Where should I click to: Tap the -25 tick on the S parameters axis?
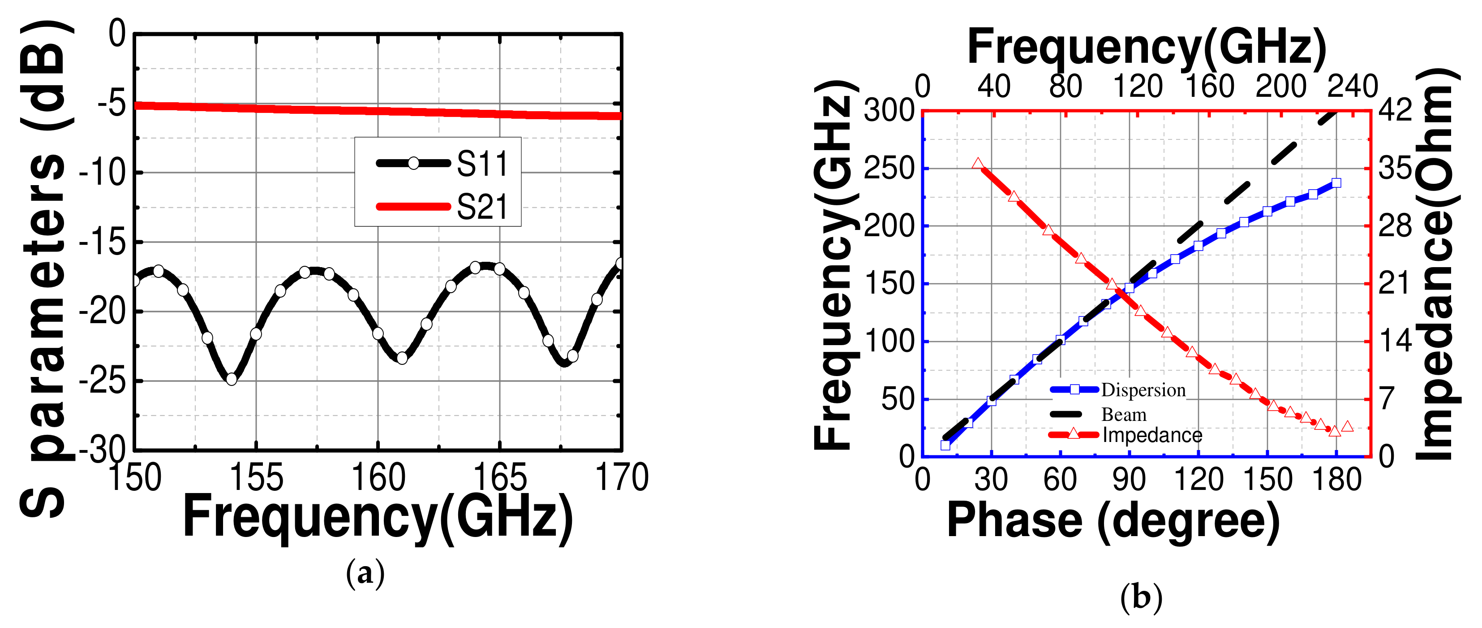pyautogui.click(x=103, y=381)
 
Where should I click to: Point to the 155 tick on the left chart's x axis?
pyautogui.click(x=256, y=478)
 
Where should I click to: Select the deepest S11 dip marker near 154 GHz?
pyautogui.click(x=231, y=379)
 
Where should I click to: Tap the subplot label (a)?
pyautogui.click(x=365, y=573)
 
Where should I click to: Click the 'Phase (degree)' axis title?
pyautogui.click(x=1113, y=520)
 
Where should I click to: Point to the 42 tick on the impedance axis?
pyautogui.click(x=1395, y=109)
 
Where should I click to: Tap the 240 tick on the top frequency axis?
pyautogui.click(x=1352, y=87)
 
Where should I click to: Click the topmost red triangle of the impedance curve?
pyautogui.click(x=977, y=164)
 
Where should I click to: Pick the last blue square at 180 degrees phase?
pyautogui.click(x=1336, y=183)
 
